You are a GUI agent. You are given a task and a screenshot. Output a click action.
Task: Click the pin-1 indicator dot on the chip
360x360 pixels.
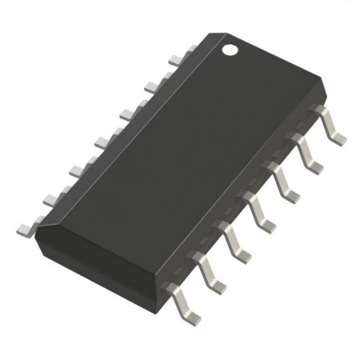pos(230,48)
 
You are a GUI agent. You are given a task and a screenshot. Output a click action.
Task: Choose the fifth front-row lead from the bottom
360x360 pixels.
pos(286,191)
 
